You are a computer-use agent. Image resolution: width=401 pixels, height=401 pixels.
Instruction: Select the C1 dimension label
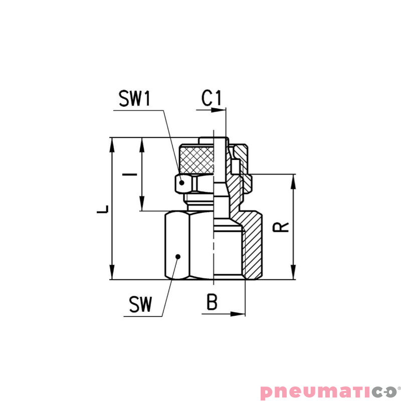pos(211,98)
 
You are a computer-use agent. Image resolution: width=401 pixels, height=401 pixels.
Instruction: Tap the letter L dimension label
pos(103,209)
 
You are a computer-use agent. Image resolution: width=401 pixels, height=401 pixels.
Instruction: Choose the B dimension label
pos(212,302)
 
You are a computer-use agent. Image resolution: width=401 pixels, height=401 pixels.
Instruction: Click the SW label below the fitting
pos(140,304)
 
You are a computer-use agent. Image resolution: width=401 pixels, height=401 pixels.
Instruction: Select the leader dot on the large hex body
pos(177,256)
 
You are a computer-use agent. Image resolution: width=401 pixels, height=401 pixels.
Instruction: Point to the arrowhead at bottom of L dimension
pos(112,274)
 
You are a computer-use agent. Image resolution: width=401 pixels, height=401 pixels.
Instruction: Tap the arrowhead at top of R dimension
pos(294,180)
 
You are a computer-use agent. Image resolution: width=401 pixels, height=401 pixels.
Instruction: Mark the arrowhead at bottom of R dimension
pos(294,274)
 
